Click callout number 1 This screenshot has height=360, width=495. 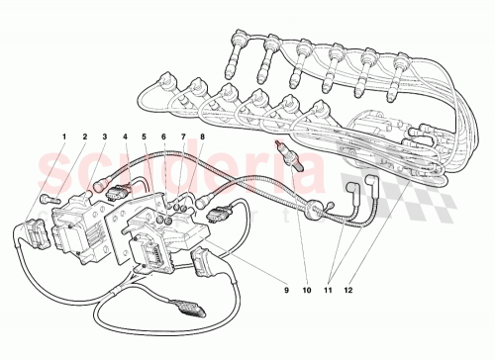point(65,135)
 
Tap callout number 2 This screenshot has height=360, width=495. point(84,135)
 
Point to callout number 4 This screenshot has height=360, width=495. point(126,135)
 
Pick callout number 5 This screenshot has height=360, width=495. point(146,135)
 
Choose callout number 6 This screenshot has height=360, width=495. point(164,135)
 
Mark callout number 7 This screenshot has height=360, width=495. point(183,135)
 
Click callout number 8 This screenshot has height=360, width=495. point(202,135)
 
